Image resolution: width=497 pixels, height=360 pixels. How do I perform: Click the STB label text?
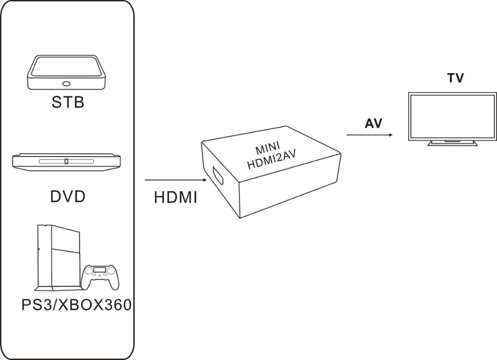(x=68, y=102)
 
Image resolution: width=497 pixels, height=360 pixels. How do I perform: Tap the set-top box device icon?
(x=68, y=72)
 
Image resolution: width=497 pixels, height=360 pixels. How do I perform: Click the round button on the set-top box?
(x=66, y=84)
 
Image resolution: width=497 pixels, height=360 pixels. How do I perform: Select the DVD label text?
(x=68, y=196)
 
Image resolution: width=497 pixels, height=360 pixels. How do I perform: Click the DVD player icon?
(x=67, y=161)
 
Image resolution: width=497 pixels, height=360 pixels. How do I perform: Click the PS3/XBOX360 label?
(x=76, y=304)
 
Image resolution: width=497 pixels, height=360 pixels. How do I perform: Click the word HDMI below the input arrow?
(x=175, y=197)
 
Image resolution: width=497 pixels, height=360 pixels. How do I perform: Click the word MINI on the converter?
(x=268, y=150)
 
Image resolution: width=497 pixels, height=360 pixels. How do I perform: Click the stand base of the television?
(x=453, y=144)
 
